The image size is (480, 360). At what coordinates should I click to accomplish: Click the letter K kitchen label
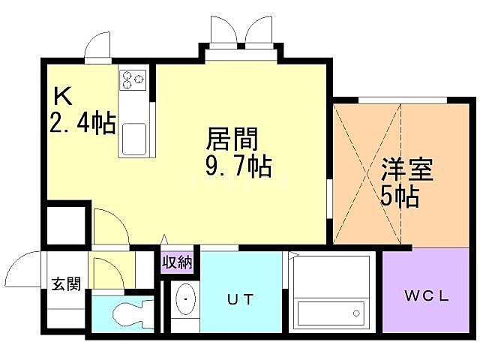[63, 97]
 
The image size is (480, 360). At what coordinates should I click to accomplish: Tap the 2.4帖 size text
[82, 122]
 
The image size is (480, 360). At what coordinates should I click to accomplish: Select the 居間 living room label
[232, 139]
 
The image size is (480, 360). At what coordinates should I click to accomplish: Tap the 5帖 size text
[398, 196]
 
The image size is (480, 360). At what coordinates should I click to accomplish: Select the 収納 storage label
[178, 262]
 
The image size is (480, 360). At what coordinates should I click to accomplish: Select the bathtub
[331, 312]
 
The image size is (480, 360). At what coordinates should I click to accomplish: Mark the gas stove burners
[133, 78]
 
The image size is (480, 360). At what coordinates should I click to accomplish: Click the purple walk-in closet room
[425, 292]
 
